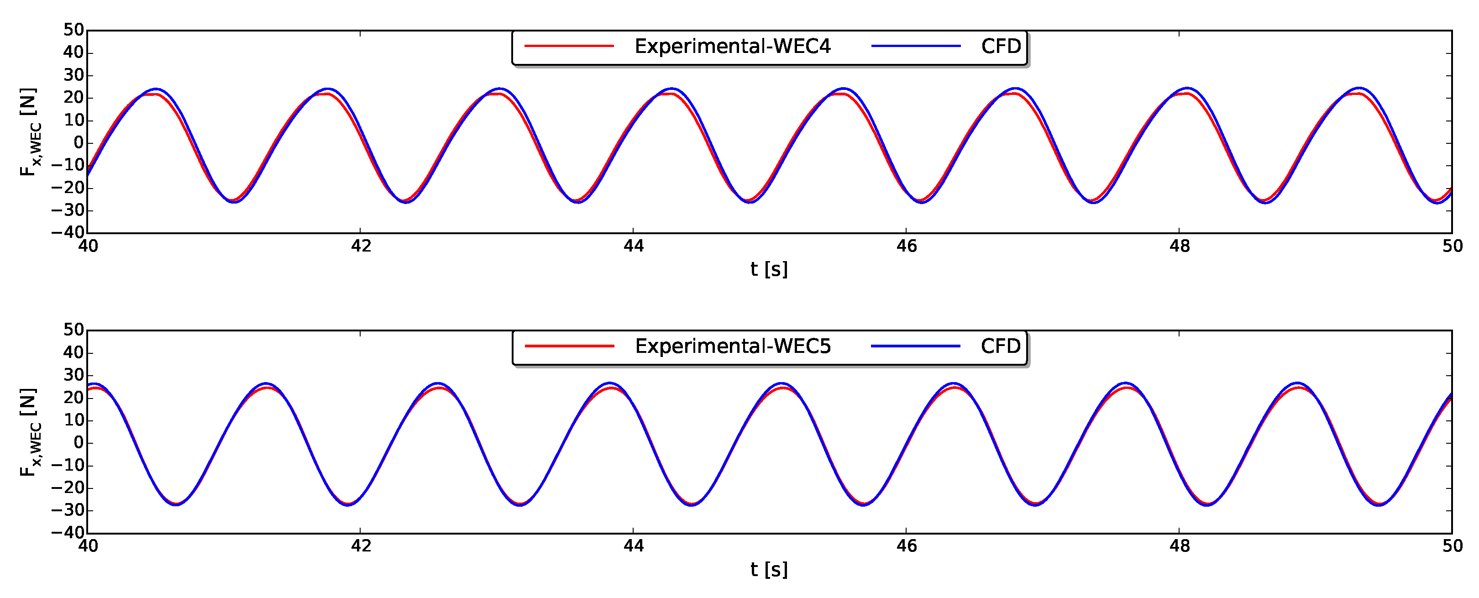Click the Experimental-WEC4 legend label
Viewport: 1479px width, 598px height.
tap(732, 47)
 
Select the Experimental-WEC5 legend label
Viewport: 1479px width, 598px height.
tap(733, 346)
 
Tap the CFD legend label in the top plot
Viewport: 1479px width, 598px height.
tap(1001, 47)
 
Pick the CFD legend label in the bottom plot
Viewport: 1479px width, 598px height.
tap(1001, 346)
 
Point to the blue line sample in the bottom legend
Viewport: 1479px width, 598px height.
tap(916, 346)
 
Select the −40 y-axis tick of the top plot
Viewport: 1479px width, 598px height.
tap(68, 233)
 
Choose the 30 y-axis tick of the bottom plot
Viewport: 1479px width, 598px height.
tap(73, 375)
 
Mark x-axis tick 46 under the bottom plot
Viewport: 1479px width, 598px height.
tap(907, 546)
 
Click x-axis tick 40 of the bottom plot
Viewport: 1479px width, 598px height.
tap(88, 546)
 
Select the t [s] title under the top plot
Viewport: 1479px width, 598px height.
tap(769, 269)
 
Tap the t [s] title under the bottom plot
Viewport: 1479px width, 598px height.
tap(769, 569)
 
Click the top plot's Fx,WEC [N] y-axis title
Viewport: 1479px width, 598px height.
tap(29, 132)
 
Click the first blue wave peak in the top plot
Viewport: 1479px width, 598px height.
tap(156, 89)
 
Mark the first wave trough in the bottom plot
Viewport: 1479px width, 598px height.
tap(176, 504)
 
